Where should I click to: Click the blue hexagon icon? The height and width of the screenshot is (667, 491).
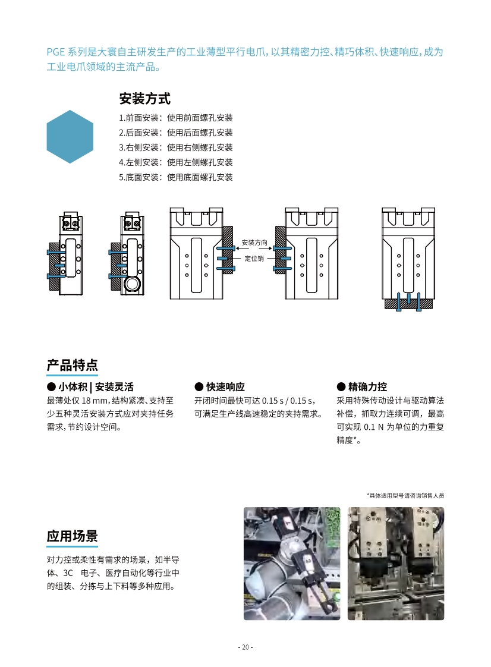[70, 137]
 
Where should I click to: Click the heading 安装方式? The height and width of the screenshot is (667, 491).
[145, 98]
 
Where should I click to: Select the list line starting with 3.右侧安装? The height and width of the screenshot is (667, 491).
[176, 147]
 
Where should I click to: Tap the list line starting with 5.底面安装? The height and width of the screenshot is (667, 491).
[176, 177]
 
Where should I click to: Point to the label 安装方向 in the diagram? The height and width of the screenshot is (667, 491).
[254, 243]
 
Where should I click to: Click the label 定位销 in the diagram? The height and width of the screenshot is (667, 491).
[254, 259]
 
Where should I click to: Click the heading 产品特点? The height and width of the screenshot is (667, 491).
[73, 364]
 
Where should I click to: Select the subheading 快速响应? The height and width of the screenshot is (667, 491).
[219, 386]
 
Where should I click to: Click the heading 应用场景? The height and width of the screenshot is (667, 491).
[73, 536]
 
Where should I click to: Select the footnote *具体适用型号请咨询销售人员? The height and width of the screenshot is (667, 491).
[405, 495]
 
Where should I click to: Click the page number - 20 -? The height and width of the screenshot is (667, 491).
[245, 647]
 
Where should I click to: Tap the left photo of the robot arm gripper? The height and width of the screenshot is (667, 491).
[292, 563]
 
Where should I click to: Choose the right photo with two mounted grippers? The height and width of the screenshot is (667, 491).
[396, 563]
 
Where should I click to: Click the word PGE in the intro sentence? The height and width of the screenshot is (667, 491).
[56, 52]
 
